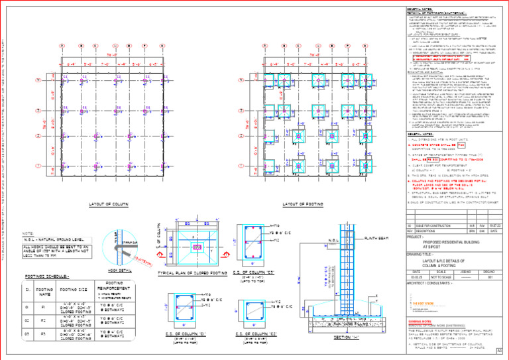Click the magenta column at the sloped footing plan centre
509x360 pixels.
[197, 247]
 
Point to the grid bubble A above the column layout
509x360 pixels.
[62, 46]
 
